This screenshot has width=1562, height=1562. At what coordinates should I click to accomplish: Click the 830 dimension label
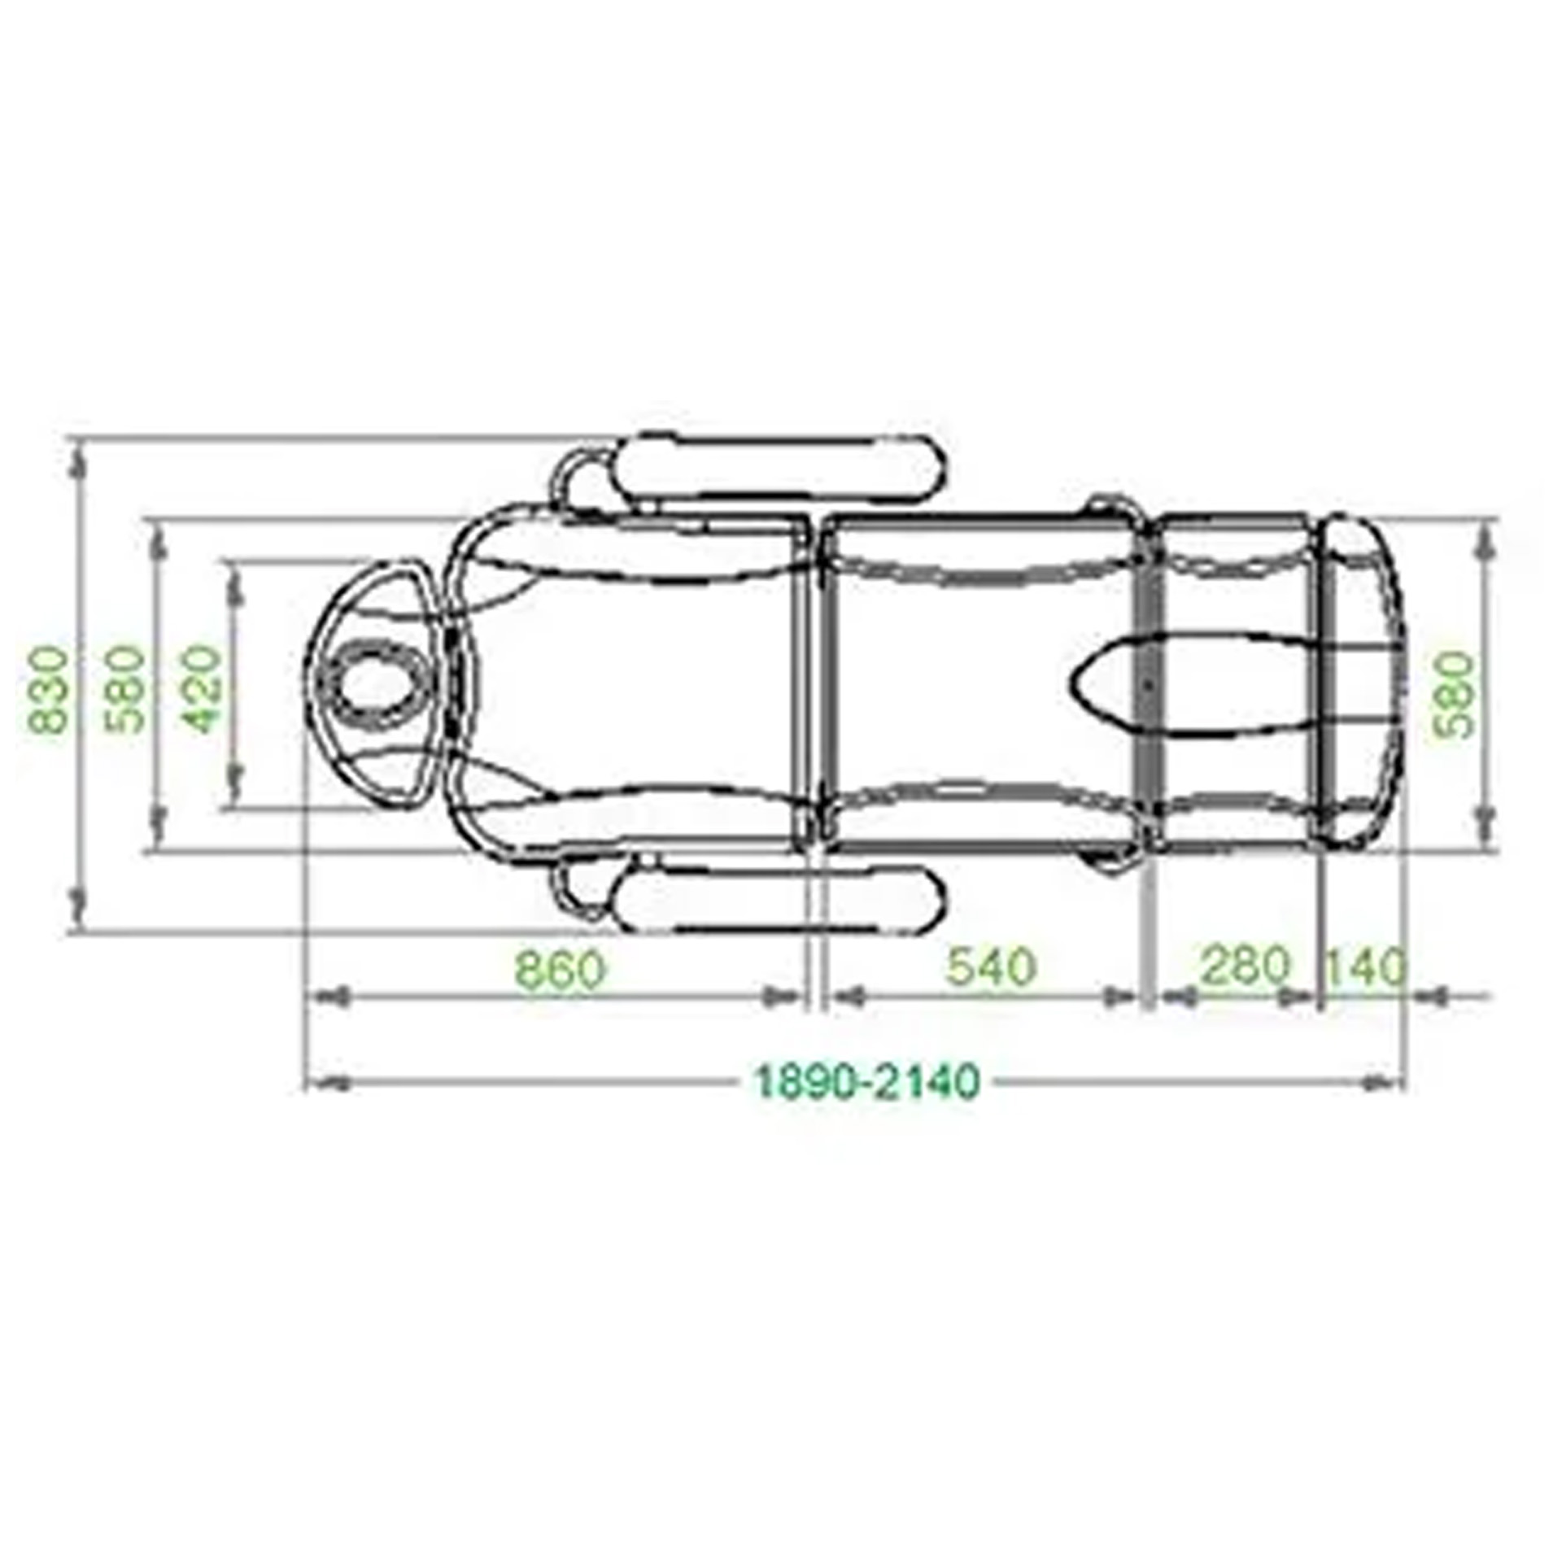click(x=48, y=690)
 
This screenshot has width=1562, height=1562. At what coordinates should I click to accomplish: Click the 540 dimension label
click(x=991, y=967)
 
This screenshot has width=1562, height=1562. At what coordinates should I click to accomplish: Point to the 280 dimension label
click(x=1245, y=965)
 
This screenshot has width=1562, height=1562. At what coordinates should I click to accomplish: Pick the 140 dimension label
click(x=1365, y=967)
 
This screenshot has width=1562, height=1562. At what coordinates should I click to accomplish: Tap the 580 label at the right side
click(x=1454, y=694)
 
